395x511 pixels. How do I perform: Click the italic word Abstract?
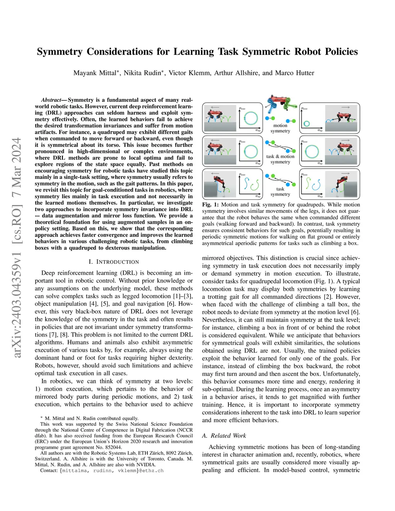pos(51,100)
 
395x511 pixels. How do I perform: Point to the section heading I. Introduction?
pos(114,262)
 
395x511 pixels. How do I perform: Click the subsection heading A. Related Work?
pos(224,435)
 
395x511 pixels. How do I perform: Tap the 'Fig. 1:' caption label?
pos(210,205)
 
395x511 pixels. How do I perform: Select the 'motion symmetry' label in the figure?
pos(280,128)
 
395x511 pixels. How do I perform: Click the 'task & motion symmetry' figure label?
pos(280,159)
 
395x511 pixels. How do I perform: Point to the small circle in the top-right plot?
pos(307,124)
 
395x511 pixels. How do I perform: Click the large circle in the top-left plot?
pos(251,118)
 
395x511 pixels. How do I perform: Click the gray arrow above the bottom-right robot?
pos(346,173)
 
